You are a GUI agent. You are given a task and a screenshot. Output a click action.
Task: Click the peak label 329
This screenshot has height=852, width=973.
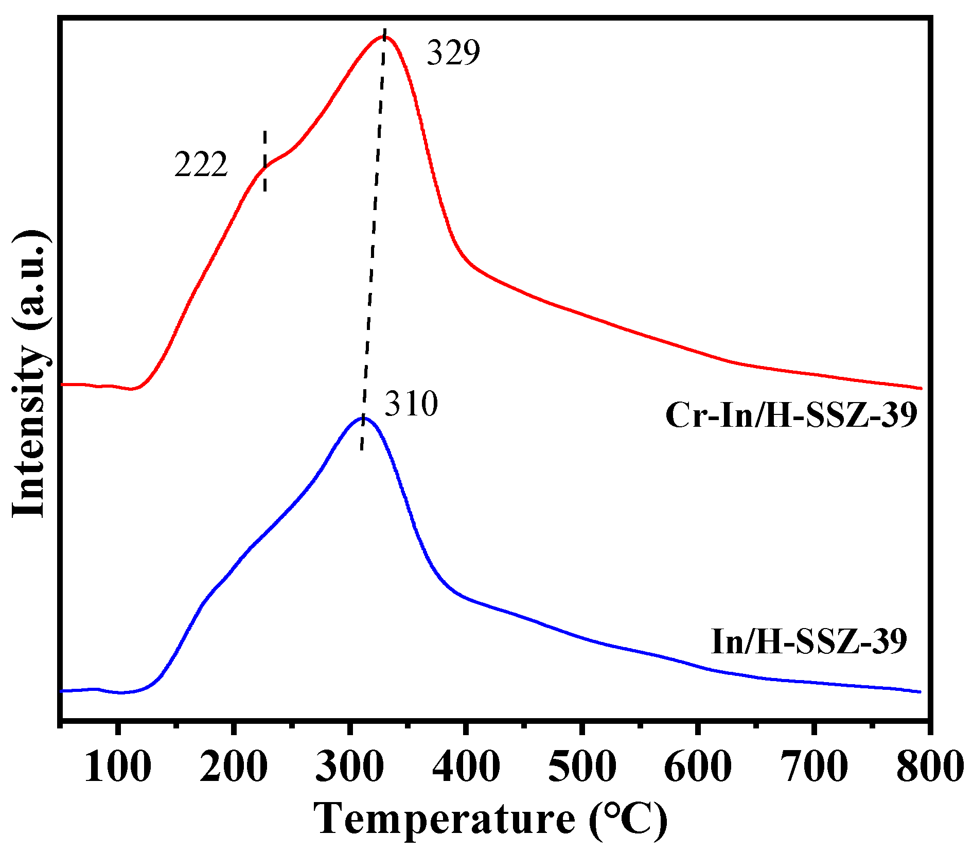(453, 53)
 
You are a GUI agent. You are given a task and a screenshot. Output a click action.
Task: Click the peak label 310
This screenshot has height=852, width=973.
(411, 404)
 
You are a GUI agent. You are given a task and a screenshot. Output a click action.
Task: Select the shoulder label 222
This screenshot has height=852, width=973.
(201, 165)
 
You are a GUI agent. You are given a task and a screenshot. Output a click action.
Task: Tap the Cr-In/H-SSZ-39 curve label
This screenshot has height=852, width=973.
(791, 415)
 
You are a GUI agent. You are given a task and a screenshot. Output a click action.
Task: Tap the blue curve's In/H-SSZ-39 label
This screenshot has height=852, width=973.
(808, 641)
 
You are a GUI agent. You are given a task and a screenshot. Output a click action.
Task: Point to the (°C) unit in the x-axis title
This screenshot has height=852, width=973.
(628, 819)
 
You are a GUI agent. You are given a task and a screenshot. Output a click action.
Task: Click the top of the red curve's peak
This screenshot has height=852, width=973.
(384, 37)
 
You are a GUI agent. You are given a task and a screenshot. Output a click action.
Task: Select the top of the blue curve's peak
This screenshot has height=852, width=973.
(363, 418)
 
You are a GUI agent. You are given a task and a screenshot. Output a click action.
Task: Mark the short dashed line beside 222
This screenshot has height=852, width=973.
(265, 161)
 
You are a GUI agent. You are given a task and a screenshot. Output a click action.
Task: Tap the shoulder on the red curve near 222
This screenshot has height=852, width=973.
(266, 167)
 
